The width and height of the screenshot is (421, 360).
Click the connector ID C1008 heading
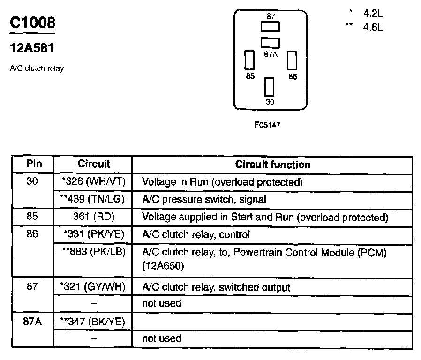coord(32,23)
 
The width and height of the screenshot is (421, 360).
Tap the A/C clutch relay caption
coord(37,69)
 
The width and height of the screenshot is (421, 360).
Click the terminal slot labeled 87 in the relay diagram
coord(271,26)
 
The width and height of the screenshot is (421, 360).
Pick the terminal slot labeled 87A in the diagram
coord(270,43)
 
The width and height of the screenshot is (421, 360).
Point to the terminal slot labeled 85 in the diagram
coord(250,60)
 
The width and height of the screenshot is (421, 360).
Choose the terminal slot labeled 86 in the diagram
coord(293,60)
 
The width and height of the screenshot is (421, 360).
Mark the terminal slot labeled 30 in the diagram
coord(269,87)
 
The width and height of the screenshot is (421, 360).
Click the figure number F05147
coord(267,125)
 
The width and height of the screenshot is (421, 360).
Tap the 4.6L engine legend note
coord(373,27)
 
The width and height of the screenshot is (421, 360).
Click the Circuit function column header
coord(272,165)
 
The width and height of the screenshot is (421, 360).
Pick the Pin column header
coord(33,164)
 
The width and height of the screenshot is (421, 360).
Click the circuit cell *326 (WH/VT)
coord(93,181)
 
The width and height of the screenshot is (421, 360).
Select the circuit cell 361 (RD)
coord(93,217)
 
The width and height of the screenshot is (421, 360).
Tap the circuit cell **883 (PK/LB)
coord(93,252)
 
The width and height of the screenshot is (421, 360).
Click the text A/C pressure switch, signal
coord(204,199)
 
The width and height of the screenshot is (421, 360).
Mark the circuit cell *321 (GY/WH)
coord(93,286)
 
